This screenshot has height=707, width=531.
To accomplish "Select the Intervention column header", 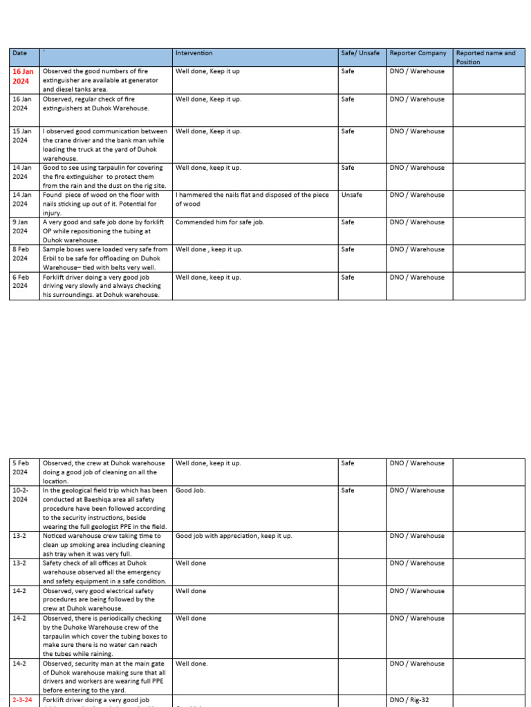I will click(x=194, y=53).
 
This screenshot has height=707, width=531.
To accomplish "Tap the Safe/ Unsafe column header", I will click(x=360, y=53).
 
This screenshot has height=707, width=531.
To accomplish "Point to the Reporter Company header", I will click(x=418, y=53).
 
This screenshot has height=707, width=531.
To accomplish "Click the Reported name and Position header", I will click(x=486, y=57).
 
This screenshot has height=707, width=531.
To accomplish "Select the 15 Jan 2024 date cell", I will click(x=22, y=135).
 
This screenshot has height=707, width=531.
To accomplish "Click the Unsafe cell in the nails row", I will click(x=352, y=195).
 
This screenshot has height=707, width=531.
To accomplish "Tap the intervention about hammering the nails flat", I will click(x=252, y=199).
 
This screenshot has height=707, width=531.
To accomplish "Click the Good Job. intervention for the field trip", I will click(x=190, y=490).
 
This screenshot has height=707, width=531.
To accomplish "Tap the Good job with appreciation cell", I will click(x=234, y=536).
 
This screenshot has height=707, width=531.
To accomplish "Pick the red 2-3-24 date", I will click(x=23, y=700).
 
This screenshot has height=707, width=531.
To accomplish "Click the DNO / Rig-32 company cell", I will click(x=409, y=700).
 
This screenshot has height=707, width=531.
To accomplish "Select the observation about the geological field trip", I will click(x=105, y=508).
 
